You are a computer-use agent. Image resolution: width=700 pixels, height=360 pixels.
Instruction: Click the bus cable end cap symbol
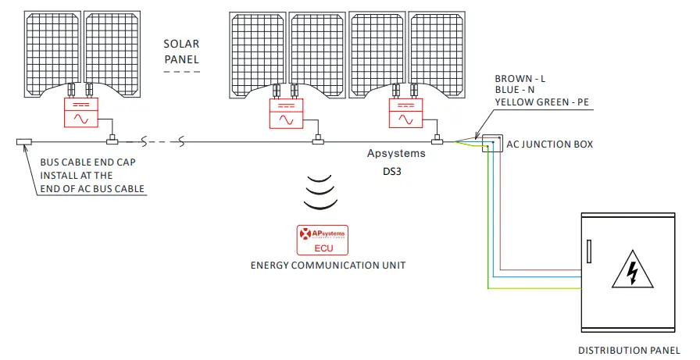click(x=23, y=142)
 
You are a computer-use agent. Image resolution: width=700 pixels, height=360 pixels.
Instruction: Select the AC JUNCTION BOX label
click(x=550, y=144)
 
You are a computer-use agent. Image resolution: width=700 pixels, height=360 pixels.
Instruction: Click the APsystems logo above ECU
click(x=322, y=233)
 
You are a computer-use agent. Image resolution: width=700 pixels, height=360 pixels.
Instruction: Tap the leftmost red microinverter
click(x=80, y=113)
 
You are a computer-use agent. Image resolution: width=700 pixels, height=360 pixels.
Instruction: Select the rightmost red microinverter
click(x=405, y=113)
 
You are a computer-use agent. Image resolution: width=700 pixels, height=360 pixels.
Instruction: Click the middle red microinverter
click(x=286, y=113)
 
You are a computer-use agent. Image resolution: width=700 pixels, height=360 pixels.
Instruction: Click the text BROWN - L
click(x=520, y=80)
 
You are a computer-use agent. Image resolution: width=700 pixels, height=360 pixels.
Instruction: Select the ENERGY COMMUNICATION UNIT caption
click(x=328, y=266)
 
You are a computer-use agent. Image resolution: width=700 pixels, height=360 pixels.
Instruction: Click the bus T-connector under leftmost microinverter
click(x=112, y=141)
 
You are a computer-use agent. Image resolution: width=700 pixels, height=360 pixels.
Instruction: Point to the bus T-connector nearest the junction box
click(x=437, y=141)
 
